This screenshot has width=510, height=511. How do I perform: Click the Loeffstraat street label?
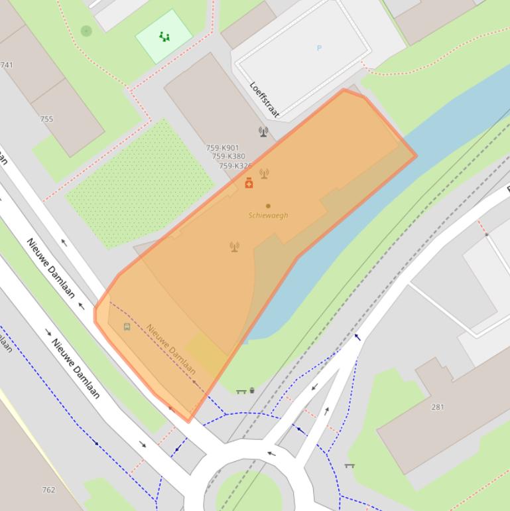pos(264,100)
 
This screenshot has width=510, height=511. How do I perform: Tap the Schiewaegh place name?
pos(268,216)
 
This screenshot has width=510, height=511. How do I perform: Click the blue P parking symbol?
pos(319,48)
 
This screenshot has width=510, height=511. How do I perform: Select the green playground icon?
pos(164,37)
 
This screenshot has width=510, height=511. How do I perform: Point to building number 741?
pos(7,65)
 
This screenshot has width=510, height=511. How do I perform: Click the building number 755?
pos(46,119)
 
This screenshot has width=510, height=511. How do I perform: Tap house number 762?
pos(48,490)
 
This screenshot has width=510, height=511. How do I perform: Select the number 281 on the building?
pos(438,407)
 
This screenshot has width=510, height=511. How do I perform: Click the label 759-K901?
pos(222,148)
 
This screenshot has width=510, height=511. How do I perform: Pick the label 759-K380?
pos(228,157)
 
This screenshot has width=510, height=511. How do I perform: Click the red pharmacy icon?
pos(249,183)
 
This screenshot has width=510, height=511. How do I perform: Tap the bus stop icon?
pos(127,327)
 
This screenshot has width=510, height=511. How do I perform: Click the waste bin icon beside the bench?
pos(252,391)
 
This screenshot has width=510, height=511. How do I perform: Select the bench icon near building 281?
pos(350,466)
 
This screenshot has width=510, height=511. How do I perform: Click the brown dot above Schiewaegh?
pos(268,206)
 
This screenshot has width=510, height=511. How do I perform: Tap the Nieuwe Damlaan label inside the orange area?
pos(171,348)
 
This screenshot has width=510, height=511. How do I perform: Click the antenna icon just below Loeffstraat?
pos(263,131)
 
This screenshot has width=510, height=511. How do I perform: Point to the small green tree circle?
pos(86,31)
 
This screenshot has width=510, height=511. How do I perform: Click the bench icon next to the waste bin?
pos(241,392)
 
